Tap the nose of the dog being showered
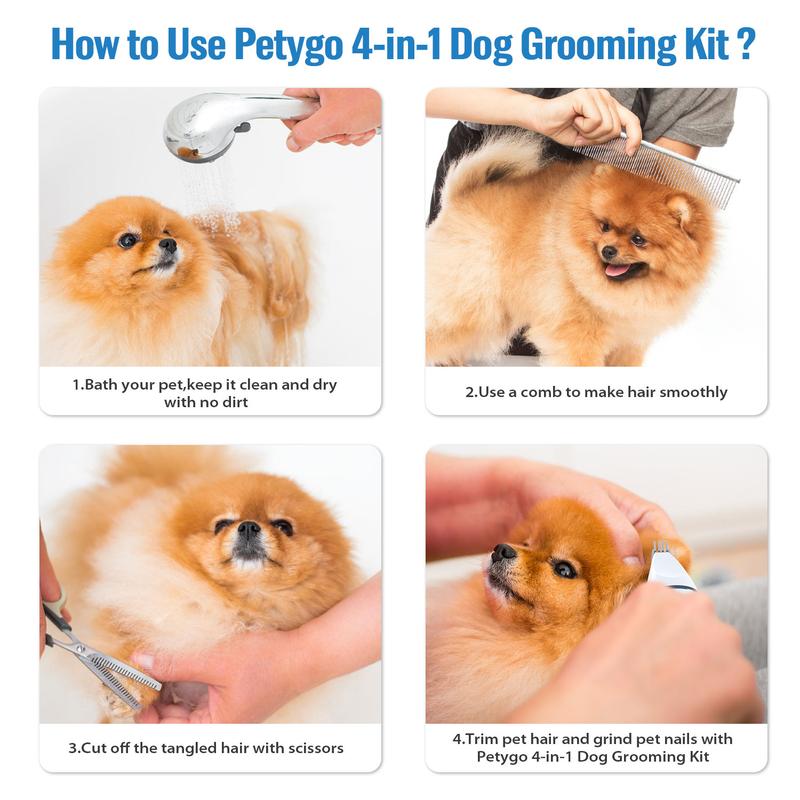[x=167, y=244]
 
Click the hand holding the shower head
[x=335, y=116]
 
